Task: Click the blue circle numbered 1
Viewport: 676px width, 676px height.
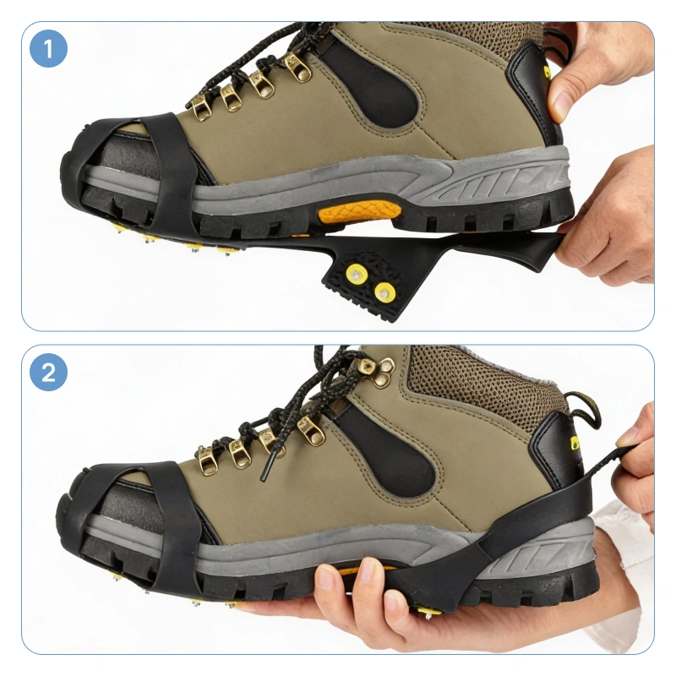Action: pyautogui.click(x=48, y=48)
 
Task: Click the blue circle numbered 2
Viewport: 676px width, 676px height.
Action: pyautogui.click(x=48, y=372)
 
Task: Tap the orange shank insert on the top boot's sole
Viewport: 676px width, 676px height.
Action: pyautogui.click(x=358, y=211)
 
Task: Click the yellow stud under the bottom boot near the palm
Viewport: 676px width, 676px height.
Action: pyautogui.click(x=428, y=611)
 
